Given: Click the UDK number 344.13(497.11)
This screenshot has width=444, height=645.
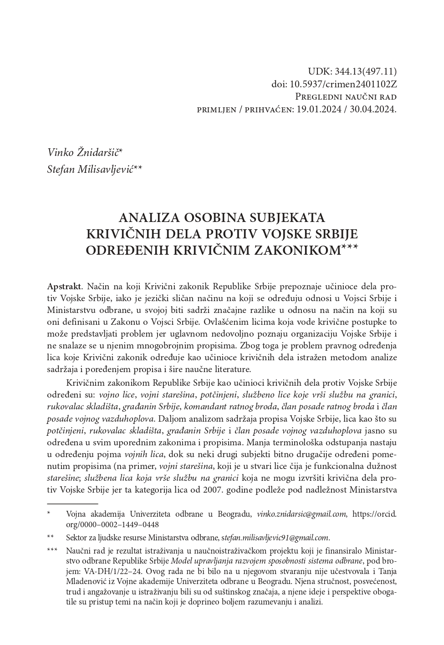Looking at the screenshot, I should point(366,71).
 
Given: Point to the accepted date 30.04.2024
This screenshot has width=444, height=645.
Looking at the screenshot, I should point(373,110).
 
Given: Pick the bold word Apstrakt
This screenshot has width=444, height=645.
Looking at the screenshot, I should point(64,287).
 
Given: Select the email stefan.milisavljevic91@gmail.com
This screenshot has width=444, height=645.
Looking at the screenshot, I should point(275,538).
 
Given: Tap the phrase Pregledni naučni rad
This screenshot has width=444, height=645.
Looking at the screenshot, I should point(346,97).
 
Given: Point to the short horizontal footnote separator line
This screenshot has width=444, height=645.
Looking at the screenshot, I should point(72,504).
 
